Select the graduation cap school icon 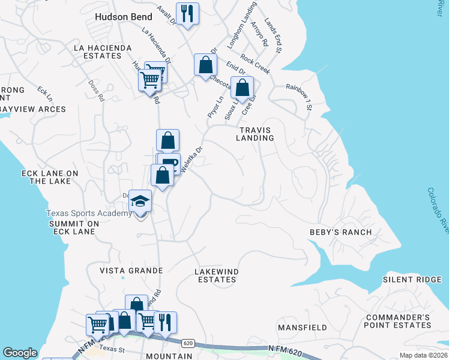[x=140, y=201]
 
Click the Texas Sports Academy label [x=89, y=214]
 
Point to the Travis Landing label [x=257, y=134]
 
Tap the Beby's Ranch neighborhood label [x=340, y=232]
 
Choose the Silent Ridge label [x=412, y=280]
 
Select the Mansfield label [x=302, y=328]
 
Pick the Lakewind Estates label [x=217, y=276]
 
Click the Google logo [x=20, y=353]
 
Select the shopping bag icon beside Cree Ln [x=241, y=88]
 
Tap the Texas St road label [x=112, y=348]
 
